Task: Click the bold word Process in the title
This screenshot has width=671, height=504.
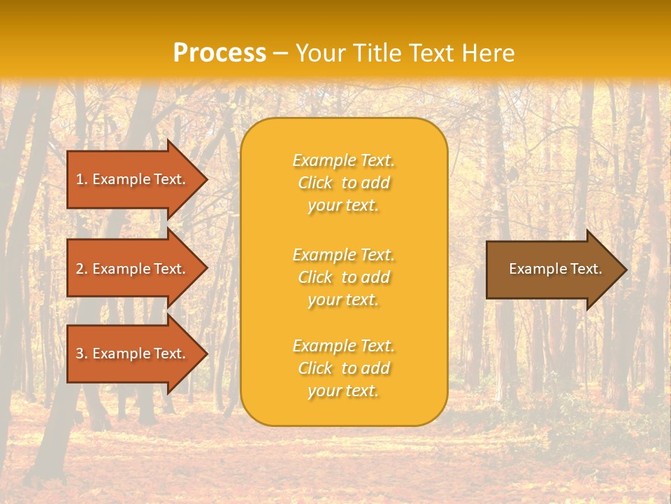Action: coord(219,53)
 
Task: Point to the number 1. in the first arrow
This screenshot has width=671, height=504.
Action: coord(82,179)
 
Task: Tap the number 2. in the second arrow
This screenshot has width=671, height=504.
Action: coord(82,269)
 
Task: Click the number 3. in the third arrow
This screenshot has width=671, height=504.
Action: coord(82,353)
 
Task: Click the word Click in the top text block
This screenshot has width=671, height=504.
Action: coord(315,183)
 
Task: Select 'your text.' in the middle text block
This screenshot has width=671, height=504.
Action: coord(343,300)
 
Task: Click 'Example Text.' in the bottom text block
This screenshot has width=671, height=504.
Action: coord(343,346)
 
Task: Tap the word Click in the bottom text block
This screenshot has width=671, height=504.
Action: coord(315,368)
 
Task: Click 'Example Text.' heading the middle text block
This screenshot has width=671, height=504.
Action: coord(343,254)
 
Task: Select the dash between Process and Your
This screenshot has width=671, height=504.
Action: coord(281,54)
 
